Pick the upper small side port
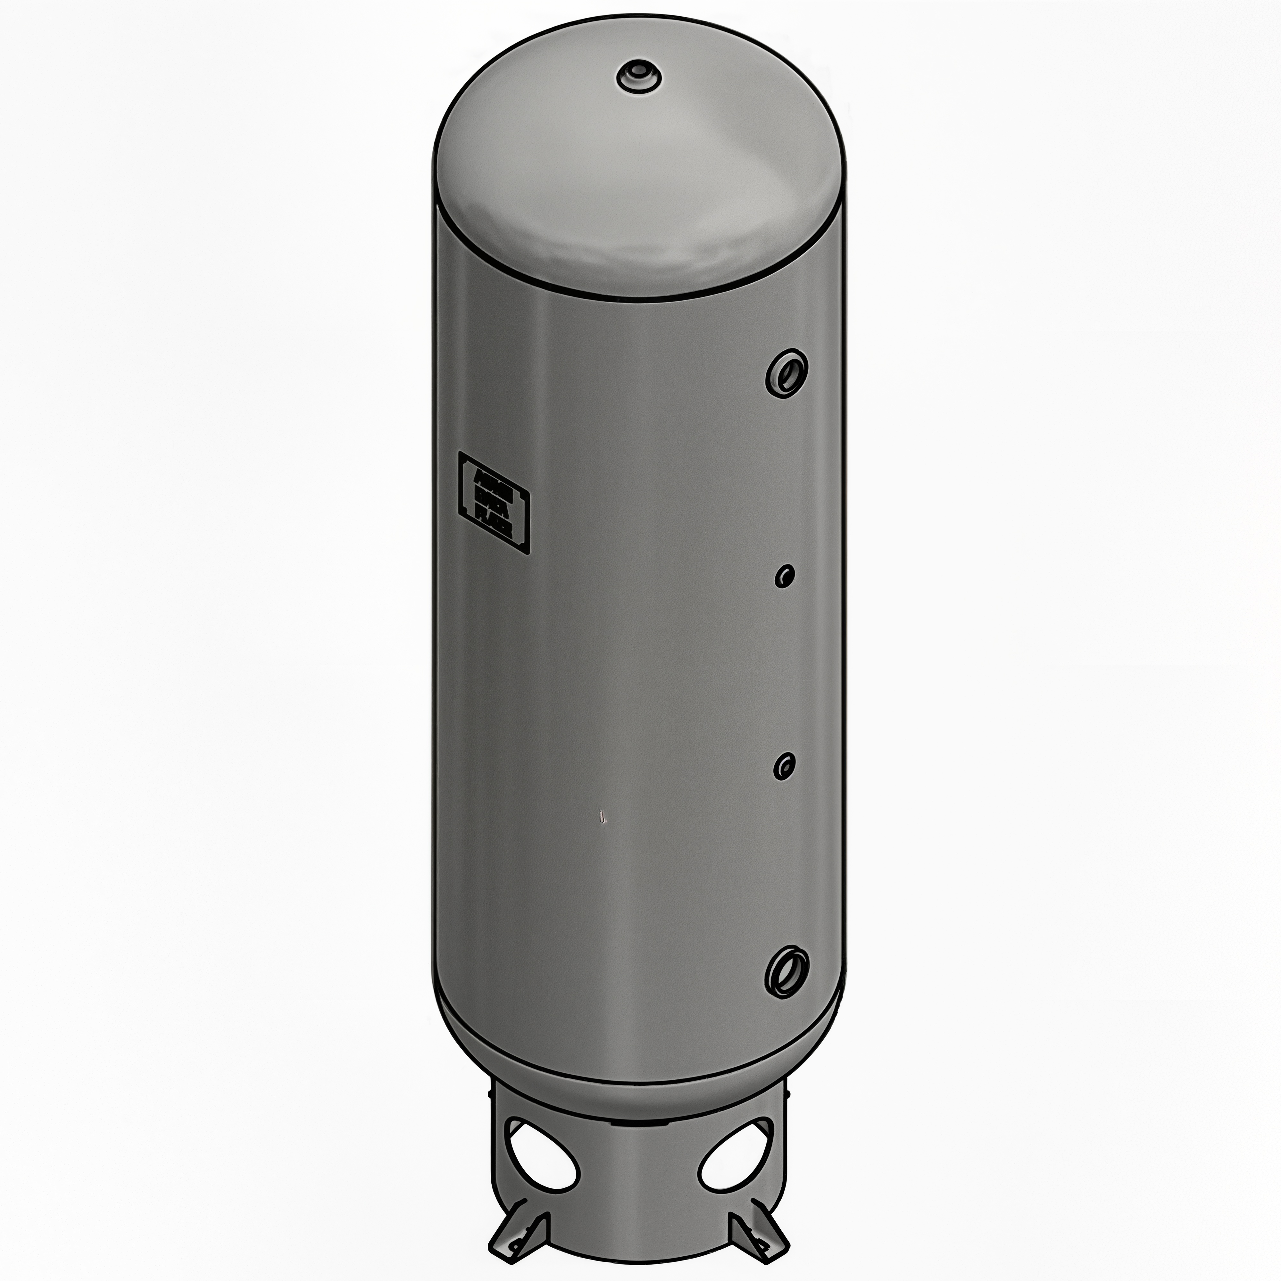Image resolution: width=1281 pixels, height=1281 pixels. (x=785, y=576)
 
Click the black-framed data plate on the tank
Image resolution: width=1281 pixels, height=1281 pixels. (x=494, y=502)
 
